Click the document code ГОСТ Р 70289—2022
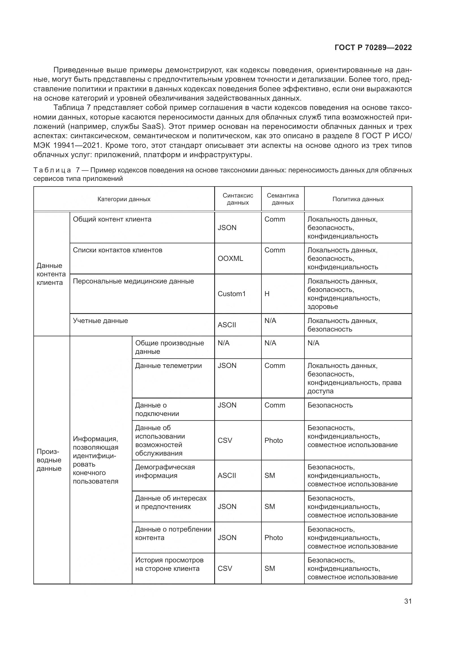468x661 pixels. [373, 47]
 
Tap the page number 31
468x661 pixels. [408, 601]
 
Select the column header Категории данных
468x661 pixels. [124, 199]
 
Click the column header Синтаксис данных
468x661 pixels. [238, 199]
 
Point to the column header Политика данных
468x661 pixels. [358, 199]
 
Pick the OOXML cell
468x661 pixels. [230, 259]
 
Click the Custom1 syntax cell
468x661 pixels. [232, 294]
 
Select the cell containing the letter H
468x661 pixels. [267, 294]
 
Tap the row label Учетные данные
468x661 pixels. [100, 321]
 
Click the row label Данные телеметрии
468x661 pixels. [168, 366]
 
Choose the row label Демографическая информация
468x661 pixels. [165, 471]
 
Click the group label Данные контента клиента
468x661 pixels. [51, 274]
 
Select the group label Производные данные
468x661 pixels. [49, 460]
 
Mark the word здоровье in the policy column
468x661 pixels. [323, 307]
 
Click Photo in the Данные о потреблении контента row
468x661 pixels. [274, 538]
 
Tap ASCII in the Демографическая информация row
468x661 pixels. [227, 476]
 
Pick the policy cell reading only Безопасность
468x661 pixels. [330, 405]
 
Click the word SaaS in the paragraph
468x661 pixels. [153, 127]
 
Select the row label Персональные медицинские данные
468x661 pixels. [133, 281]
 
